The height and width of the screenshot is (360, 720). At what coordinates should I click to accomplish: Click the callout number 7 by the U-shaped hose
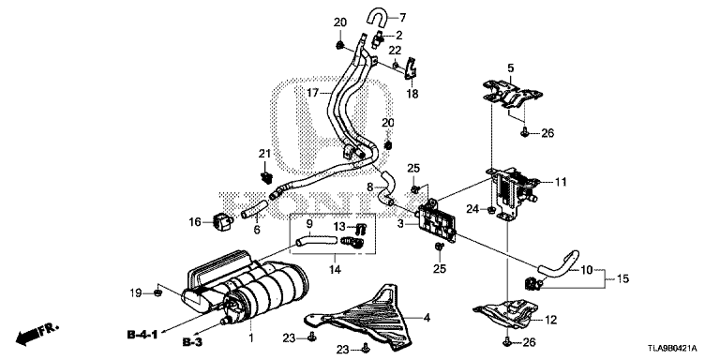[403, 19]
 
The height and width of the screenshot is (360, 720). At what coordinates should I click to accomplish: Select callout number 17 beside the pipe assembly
[313, 93]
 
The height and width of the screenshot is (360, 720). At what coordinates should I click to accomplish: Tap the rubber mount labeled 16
[223, 221]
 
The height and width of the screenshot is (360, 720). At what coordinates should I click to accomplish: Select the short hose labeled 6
[253, 208]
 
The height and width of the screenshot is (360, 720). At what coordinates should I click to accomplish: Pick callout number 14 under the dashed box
[335, 270]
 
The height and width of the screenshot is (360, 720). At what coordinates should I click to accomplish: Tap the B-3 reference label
[192, 342]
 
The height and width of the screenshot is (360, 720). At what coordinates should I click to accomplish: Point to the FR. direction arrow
[37, 335]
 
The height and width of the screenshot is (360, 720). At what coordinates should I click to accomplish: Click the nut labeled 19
[157, 292]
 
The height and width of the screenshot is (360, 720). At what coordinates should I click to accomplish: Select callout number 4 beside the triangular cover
[427, 317]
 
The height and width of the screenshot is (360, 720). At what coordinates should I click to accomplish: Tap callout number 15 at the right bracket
[623, 278]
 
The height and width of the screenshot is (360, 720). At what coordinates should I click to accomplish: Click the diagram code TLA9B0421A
[674, 348]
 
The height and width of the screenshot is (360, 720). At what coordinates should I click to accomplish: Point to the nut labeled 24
[491, 210]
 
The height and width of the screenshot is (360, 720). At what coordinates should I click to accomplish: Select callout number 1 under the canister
[250, 338]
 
